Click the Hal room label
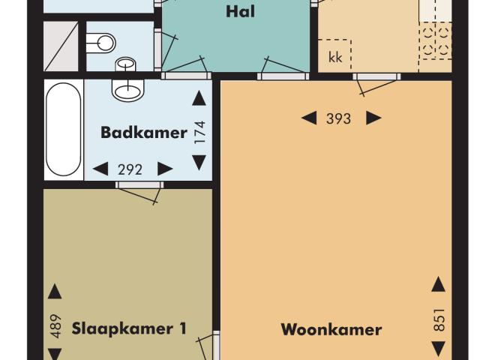(x=236, y=11)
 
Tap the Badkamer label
(x=144, y=133)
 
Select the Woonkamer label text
(x=331, y=329)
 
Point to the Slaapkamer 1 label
(x=129, y=328)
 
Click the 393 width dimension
(x=339, y=118)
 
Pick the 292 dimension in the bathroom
(x=130, y=169)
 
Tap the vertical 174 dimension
(x=199, y=131)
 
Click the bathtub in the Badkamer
(x=63, y=129)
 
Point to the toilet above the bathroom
(x=100, y=43)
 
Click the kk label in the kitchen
(x=334, y=58)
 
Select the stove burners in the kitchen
(x=436, y=40)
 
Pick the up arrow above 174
(x=199, y=98)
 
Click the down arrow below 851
(x=438, y=349)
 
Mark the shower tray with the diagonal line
(x=61, y=46)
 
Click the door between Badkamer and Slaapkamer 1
(x=139, y=185)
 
